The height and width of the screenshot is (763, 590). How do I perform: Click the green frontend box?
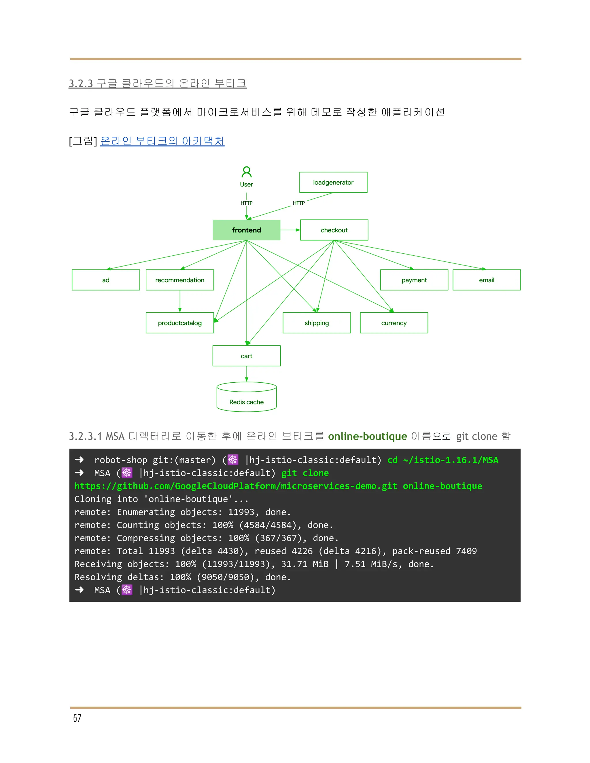click(x=246, y=230)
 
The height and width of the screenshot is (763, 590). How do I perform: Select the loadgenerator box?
click(x=333, y=182)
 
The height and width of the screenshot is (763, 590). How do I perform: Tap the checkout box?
click(x=334, y=230)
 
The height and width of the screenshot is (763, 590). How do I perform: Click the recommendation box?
click(x=180, y=280)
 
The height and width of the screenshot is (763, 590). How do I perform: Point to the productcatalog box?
click(x=180, y=323)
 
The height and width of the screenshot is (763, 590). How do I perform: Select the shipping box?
click(x=316, y=323)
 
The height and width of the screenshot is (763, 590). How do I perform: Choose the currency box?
click(x=394, y=323)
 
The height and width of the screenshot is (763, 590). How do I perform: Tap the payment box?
click(x=414, y=280)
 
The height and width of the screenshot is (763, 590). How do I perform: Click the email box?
click(x=486, y=280)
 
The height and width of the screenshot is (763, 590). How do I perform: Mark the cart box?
click(x=246, y=356)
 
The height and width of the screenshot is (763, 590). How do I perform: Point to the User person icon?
click(x=246, y=172)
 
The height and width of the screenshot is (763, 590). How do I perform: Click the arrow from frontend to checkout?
click(x=290, y=230)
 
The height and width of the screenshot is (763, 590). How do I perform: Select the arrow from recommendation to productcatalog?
click(x=180, y=301)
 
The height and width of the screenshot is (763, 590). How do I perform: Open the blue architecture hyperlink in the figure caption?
click(x=162, y=141)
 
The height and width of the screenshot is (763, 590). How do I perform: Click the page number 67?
click(x=77, y=718)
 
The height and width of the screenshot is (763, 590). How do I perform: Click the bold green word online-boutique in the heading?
click(x=367, y=436)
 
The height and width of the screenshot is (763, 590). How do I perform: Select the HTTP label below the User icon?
click(x=246, y=203)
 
